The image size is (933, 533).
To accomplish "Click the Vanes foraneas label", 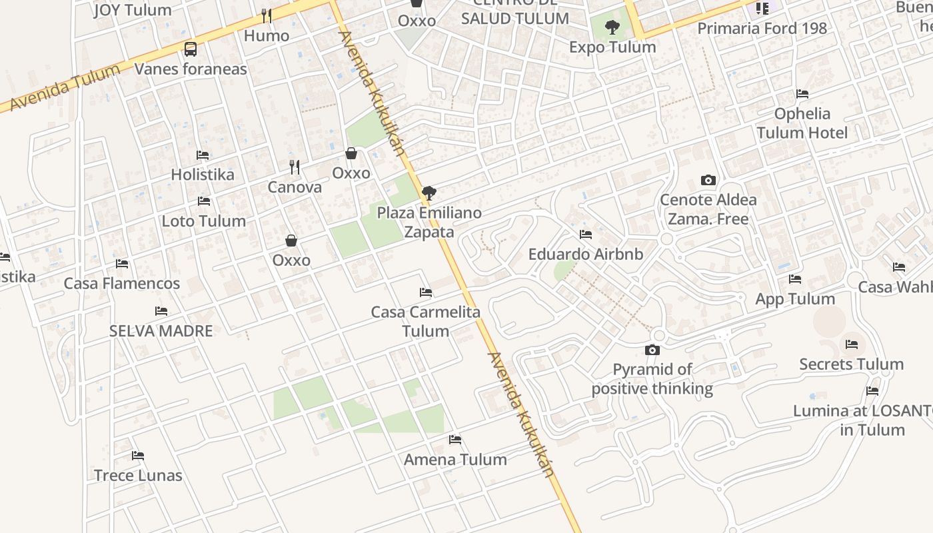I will pos(191,69).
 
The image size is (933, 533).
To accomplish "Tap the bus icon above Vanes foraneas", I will pos(191,49).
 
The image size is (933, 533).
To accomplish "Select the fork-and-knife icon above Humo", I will pos(267,15).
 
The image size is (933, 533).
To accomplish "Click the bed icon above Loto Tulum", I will pos(204,201).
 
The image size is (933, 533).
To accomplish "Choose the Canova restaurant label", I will pos(295,187).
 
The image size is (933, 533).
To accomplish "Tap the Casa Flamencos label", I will pos(121,283).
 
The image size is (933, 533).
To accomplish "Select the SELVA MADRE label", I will pos(161,330).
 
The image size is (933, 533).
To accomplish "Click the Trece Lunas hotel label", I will pos(138,475).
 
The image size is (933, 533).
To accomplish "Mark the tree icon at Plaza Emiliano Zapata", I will pos(429,193).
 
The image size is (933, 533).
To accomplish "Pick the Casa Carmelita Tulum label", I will pos(426,321).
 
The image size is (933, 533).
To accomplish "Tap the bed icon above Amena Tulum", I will pos(455,440).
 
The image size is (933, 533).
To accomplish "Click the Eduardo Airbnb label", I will pos(586,254).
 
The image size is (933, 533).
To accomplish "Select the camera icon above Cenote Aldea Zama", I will pos(708,180).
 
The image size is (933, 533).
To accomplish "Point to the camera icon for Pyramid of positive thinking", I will pos(652,350).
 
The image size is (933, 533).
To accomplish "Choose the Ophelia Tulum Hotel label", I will pos(802,123).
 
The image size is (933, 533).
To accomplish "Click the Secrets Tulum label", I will pos(851,364).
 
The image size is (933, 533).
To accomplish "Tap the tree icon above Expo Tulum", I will pos(612,27).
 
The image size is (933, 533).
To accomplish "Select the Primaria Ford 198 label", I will pos(762,28).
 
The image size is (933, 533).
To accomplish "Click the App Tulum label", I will pos(794,298).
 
